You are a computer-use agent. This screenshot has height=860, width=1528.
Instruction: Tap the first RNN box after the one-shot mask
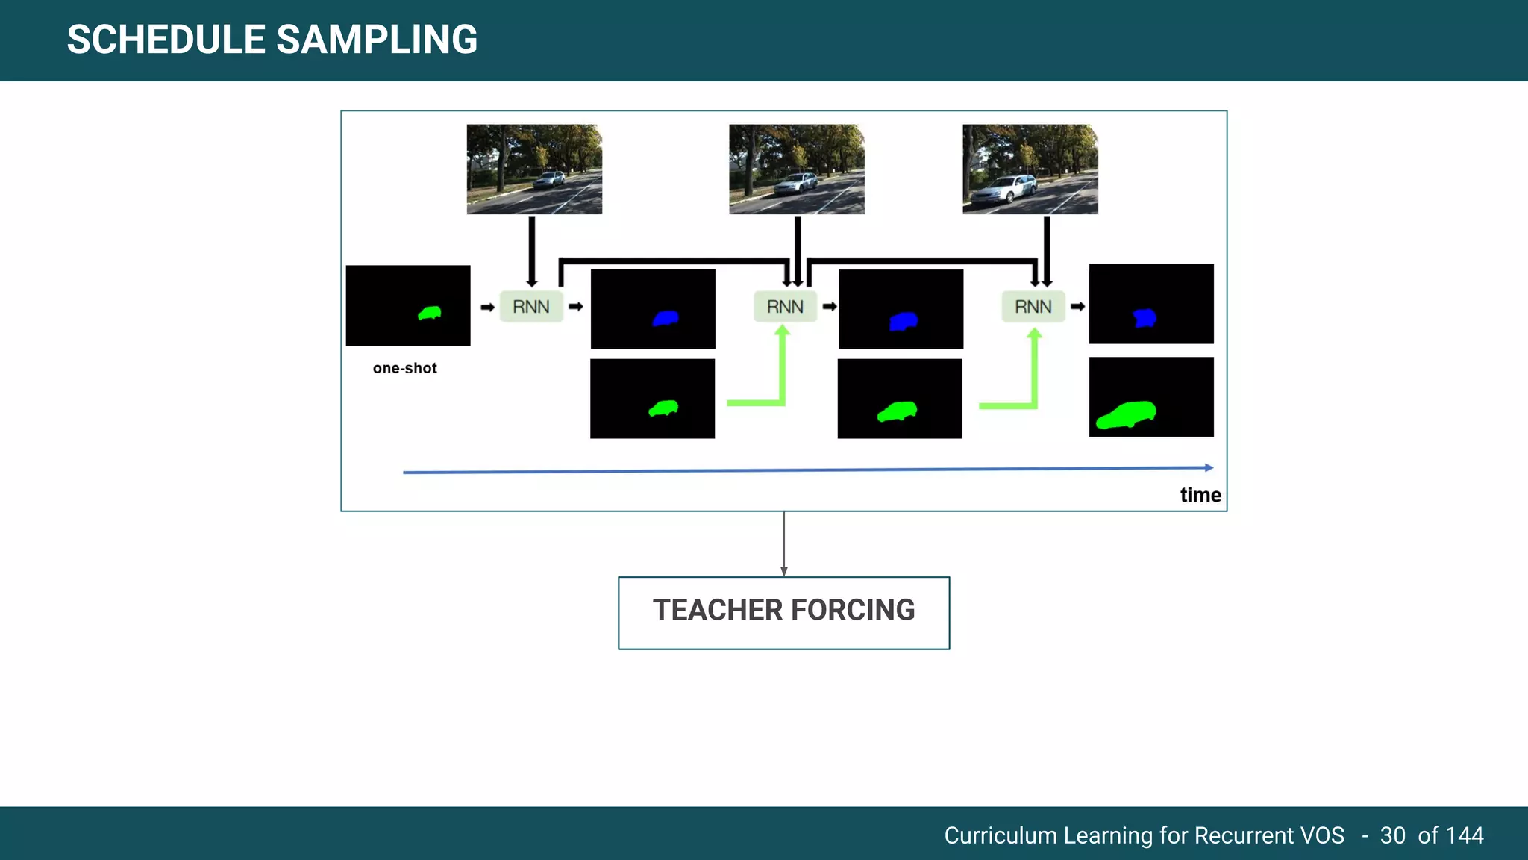[x=531, y=307]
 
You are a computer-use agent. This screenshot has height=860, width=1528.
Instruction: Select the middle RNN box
[x=785, y=307]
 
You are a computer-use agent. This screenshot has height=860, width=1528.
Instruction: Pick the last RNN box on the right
[x=1033, y=307]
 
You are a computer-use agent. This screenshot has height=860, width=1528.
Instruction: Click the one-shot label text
[x=405, y=368]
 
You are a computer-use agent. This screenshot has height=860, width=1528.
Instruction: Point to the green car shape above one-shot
[x=430, y=313]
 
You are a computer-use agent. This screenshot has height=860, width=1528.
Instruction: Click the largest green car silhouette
[x=1127, y=415]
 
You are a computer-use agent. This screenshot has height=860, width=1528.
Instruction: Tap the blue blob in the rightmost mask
[x=1145, y=318]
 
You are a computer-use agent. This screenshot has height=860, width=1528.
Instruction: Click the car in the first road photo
[x=551, y=179]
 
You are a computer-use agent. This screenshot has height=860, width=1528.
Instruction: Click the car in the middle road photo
[x=797, y=183]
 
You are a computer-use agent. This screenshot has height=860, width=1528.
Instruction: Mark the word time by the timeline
[x=1200, y=495]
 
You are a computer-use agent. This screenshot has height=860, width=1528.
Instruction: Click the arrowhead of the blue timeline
[x=1209, y=467]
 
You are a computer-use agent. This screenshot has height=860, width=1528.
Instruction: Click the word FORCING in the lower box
[x=853, y=611]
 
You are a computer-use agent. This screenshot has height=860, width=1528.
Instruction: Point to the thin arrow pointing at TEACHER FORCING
[x=784, y=545]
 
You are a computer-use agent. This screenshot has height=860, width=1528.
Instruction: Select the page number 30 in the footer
[x=1393, y=835]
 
